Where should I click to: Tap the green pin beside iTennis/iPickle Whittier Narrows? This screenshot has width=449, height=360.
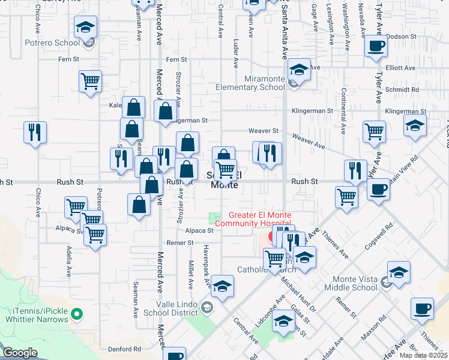(76, 313)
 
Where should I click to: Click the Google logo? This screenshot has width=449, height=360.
(19, 353)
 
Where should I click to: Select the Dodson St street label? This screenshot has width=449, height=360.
(401, 37)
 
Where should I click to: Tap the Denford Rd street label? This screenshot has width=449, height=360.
(124, 349)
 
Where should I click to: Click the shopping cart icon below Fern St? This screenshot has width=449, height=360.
(90, 80)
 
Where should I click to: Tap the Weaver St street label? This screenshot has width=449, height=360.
(268, 130)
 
